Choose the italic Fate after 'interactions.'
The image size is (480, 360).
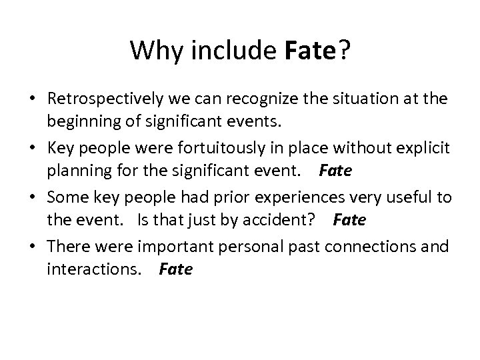tap(176, 269)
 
